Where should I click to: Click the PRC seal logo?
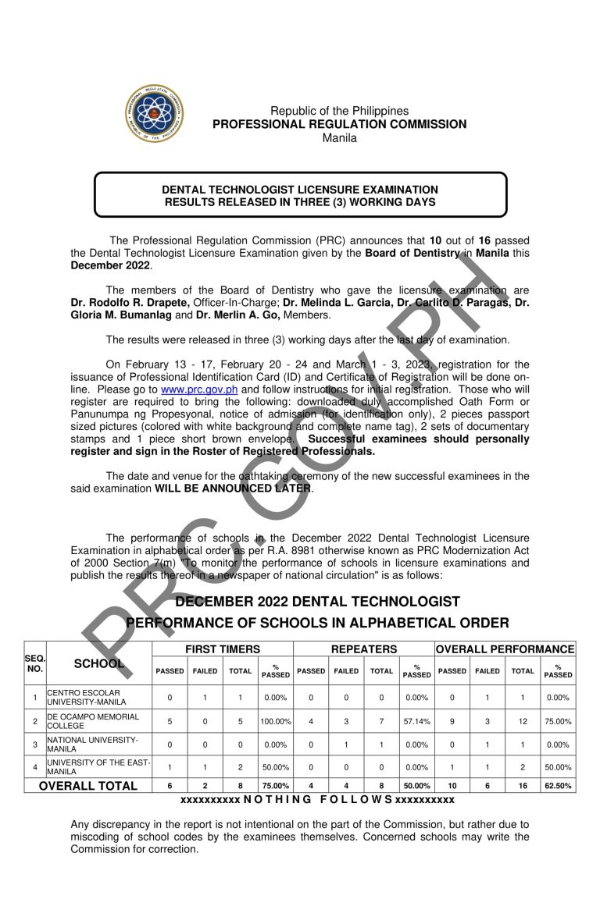tap(155, 115)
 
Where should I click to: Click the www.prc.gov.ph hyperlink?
tap(199, 389)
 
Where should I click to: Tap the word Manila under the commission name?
tap(339, 138)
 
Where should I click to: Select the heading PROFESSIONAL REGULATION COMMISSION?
tap(339, 124)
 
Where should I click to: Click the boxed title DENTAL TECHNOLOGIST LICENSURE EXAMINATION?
tap(299, 190)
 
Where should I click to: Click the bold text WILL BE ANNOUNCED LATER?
tap(234, 489)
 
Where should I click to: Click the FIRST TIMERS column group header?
tap(222, 649)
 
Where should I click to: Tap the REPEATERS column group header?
tap(363, 649)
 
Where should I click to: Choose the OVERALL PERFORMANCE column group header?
tap(505, 649)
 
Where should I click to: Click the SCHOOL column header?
tap(99, 663)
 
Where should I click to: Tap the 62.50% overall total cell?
tap(558, 786)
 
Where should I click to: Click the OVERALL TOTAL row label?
tap(88, 786)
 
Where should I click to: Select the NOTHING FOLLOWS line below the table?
tap(317, 800)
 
